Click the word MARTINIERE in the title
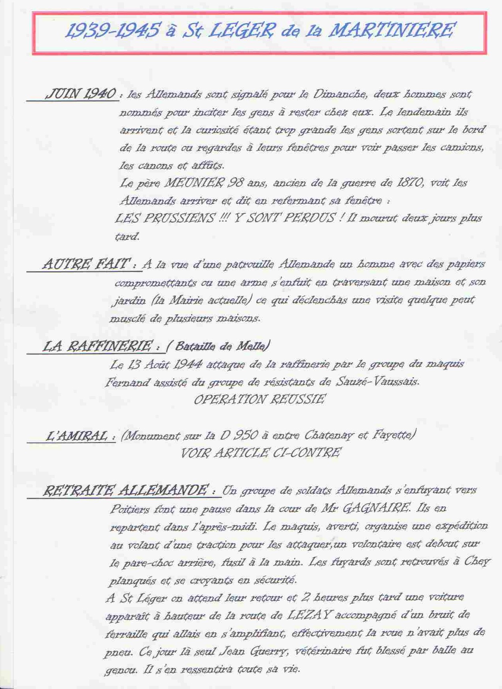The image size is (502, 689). click(391, 30)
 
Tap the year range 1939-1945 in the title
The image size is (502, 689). click(113, 31)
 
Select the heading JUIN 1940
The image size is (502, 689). click(81, 94)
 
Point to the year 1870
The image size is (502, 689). click(409, 183)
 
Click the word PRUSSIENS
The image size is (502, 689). click(179, 218)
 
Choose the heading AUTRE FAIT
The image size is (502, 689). click(87, 263)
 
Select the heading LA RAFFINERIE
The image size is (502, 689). click(97, 346)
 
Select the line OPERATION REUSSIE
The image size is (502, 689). click(259, 400)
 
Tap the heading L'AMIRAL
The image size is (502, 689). click(76, 436)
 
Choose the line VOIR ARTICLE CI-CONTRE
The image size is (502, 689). click(260, 453)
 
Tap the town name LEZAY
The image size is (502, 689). click(310, 615)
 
